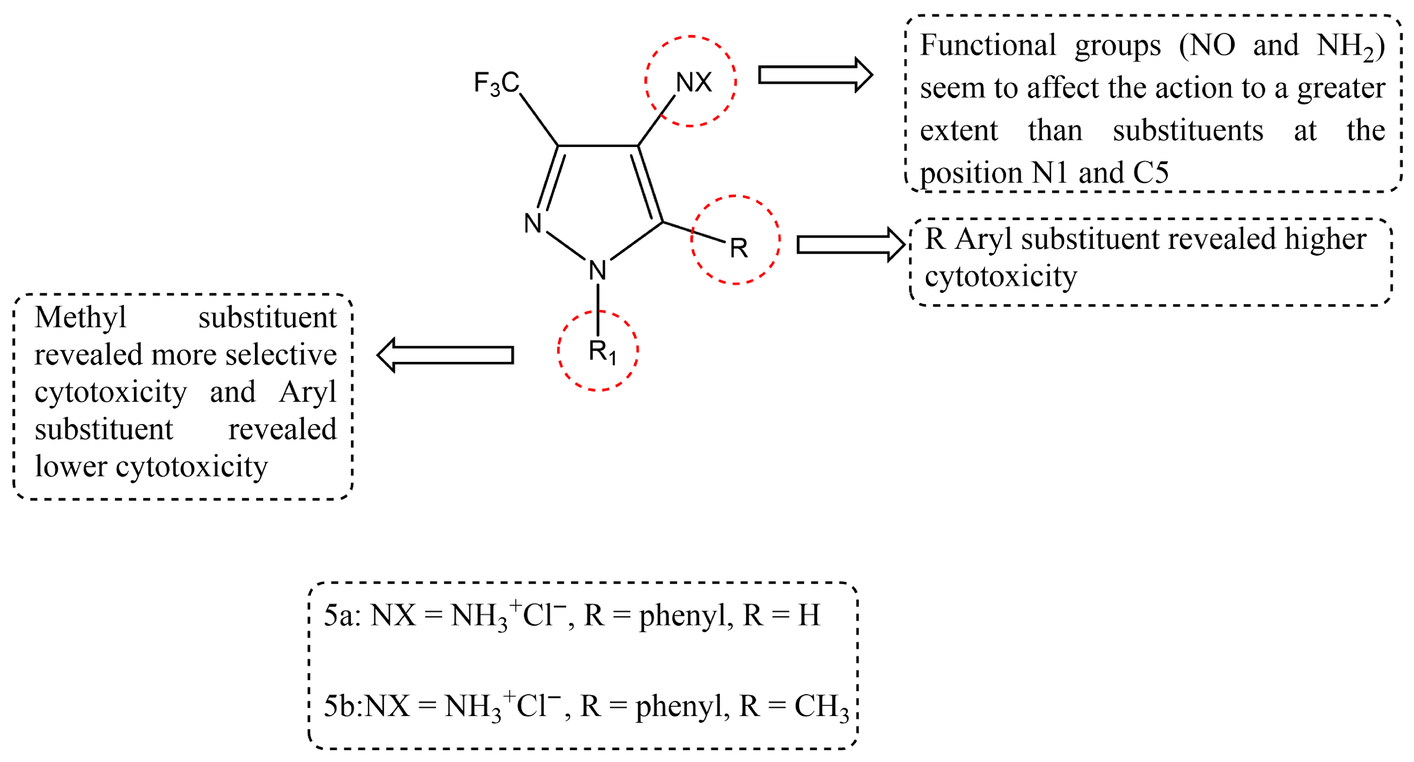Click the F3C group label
click(x=496, y=83)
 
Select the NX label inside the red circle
click(x=693, y=83)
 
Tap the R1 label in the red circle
click(x=602, y=351)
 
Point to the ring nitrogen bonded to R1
click(x=597, y=270)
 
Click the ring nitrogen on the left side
click(x=533, y=223)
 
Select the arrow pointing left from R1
click(x=445, y=355)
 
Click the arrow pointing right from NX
click(x=815, y=75)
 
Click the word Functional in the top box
click(x=988, y=45)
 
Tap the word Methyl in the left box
click(x=80, y=317)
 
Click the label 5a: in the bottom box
click(x=342, y=615)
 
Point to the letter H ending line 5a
click(x=809, y=615)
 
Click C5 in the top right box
click(x=1151, y=172)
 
